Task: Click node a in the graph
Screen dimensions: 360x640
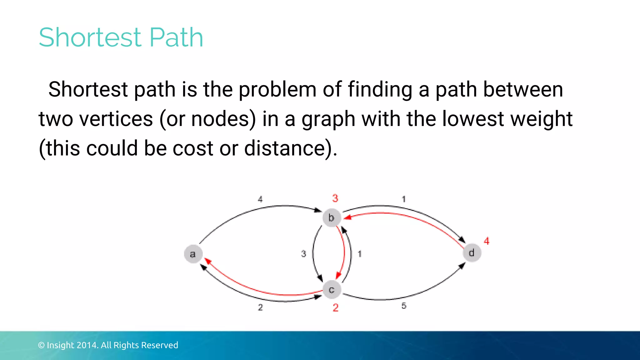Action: click(193, 254)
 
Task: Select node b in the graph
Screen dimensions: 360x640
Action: click(331, 217)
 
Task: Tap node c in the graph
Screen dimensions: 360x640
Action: click(332, 290)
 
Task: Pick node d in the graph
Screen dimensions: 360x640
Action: click(472, 252)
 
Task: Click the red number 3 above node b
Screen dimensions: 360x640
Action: click(335, 198)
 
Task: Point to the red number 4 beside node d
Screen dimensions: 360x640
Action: click(487, 241)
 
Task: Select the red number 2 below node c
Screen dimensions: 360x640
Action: click(336, 308)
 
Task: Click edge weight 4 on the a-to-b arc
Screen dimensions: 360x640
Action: click(260, 199)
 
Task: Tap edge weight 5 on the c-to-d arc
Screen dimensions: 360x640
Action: click(404, 306)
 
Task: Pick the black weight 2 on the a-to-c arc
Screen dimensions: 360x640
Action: click(260, 307)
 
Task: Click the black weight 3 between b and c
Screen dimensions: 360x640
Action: click(303, 254)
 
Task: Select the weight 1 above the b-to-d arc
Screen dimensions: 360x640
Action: click(404, 199)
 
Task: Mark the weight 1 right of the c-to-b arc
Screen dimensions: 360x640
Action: click(360, 254)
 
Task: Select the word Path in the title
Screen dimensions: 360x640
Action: click(177, 37)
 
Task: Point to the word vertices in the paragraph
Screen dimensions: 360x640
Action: click(116, 119)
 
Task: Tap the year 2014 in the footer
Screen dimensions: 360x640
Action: click(87, 345)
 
